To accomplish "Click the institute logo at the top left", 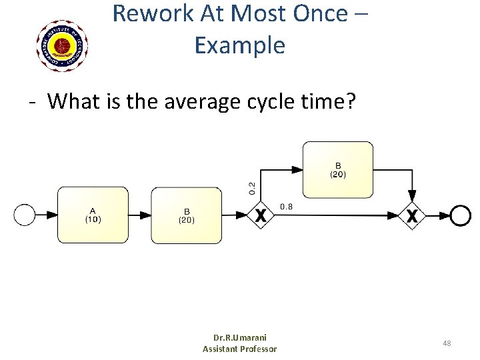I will (x=62, y=45).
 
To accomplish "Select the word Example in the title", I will (x=239, y=45).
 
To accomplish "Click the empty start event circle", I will (x=25, y=215).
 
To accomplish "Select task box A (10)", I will (x=93, y=215).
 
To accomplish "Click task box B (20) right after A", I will (x=186, y=215).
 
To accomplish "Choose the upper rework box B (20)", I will (x=338, y=170).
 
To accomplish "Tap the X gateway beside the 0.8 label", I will (x=261, y=215).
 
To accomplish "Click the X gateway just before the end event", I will (x=413, y=215).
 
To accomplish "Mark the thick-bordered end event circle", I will (x=460, y=215).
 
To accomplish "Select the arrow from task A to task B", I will (x=139, y=215).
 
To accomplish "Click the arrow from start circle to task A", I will (x=46, y=215).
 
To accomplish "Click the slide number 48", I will (x=447, y=343).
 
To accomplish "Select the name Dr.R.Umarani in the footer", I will (x=239, y=338).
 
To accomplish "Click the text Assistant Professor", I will (x=239, y=349).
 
